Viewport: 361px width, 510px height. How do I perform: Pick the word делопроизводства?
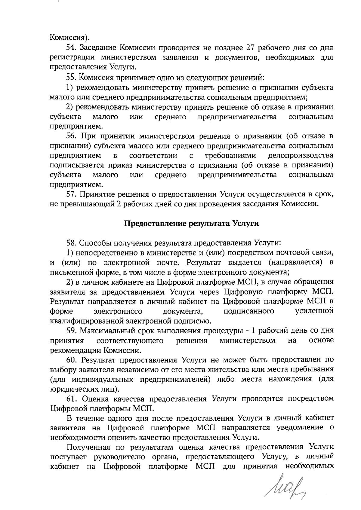coord(300,156)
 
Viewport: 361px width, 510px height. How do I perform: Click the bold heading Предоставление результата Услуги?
coord(192,223)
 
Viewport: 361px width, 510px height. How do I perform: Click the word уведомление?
coord(301,428)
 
